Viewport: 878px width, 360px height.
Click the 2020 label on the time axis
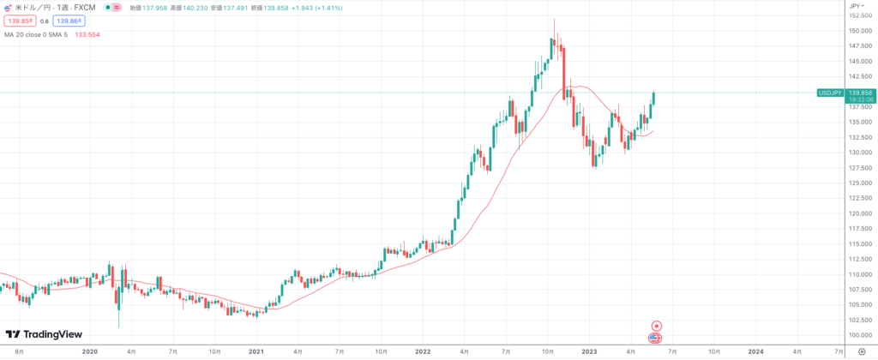[x=90, y=351]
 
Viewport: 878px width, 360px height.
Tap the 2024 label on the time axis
[x=755, y=351]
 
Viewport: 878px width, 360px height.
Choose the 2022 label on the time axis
[x=422, y=351]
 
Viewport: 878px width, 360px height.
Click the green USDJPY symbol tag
[x=830, y=92]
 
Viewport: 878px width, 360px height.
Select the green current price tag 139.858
[x=860, y=92]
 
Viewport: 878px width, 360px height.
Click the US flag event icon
[x=655, y=339]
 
